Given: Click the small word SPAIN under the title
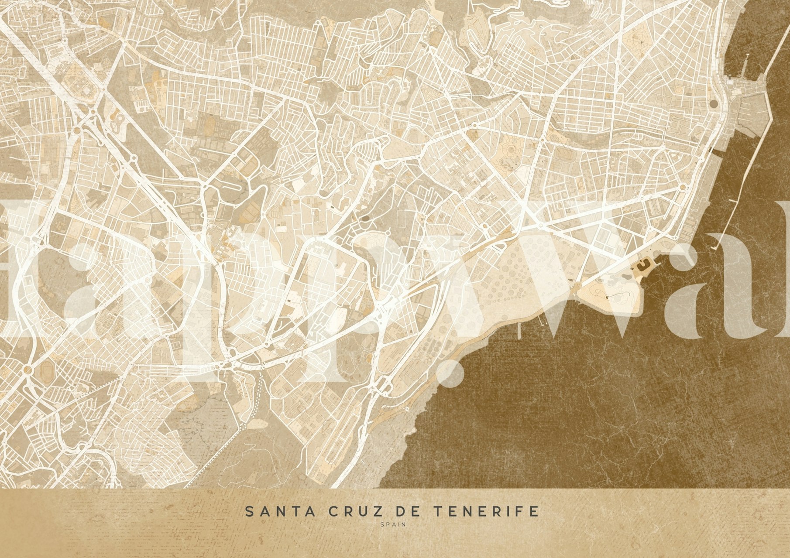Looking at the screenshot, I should pos(393,525).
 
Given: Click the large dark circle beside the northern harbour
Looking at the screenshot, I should pos(713,104).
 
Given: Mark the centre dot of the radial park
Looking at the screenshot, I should pos(642,42).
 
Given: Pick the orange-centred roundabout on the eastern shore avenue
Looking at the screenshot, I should pos(682,188).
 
